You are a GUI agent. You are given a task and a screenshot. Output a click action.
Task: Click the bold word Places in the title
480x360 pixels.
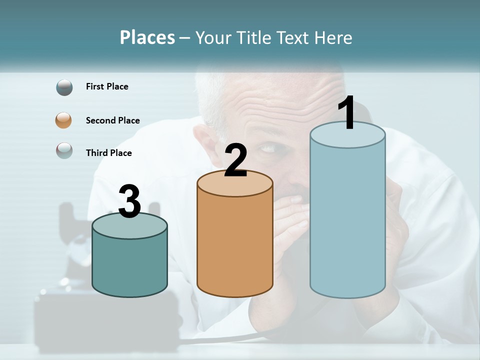pyautogui.click(x=147, y=37)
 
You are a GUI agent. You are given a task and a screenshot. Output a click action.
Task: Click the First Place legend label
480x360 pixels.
pyautogui.click(x=107, y=86)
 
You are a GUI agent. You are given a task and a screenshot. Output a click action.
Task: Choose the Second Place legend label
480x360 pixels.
pyautogui.click(x=112, y=120)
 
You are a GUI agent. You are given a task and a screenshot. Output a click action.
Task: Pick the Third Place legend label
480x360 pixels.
pyautogui.click(x=108, y=153)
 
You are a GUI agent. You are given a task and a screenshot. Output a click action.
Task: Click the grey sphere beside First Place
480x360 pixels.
pyautogui.click(x=64, y=87)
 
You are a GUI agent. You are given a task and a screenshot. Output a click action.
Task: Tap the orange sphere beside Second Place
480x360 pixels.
pyautogui.click(x=64, y=120)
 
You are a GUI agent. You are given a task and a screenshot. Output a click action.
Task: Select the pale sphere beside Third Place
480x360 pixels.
pyautogui.click(x=64, y=150)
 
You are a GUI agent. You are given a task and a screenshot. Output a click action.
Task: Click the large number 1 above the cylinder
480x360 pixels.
pyautogui.click(x=347, y=113)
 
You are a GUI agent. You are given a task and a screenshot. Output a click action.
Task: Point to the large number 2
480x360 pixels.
pyautogui.click(x=235, y=160)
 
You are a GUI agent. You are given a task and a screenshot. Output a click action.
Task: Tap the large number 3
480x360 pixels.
pyautogui.click(x=129, y=202)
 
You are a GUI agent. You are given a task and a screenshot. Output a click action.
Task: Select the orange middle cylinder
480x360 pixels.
pyautogui.click(x=235, y=240)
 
